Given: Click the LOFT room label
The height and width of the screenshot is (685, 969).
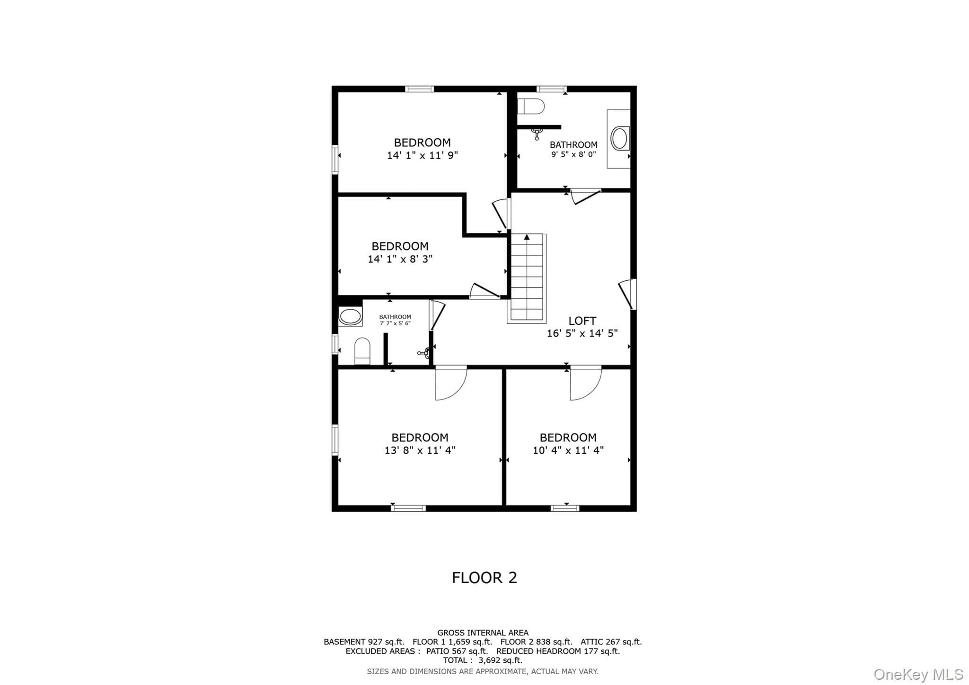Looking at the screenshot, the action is point(582,321).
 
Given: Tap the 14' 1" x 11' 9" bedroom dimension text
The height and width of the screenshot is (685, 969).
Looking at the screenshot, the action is point(423,155).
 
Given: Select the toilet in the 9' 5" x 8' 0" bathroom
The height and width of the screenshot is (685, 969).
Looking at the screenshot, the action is point(530,107).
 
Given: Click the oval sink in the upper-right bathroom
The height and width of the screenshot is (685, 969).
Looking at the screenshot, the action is point(619,139).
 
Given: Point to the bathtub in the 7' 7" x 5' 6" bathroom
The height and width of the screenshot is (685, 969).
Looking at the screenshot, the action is point(351,316).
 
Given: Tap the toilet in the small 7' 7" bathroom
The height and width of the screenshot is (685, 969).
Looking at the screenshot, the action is point(362,351).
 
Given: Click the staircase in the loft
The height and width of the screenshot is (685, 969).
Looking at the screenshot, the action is point(527,278).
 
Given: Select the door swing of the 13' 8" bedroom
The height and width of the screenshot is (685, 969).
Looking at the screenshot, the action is point(451,383).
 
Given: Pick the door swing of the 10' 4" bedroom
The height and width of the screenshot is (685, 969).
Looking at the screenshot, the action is point(586,383).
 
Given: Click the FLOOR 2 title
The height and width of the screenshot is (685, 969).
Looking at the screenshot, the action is point(484,578).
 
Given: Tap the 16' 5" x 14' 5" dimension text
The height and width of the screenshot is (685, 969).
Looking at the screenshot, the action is point(582,333).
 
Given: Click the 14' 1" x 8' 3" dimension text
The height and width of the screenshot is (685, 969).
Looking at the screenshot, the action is point(400,259).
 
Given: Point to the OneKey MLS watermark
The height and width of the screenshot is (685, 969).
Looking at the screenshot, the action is point(918,674).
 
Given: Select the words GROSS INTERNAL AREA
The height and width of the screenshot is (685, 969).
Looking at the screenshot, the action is point(483,632).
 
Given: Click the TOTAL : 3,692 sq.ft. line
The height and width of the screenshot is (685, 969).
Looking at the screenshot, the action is point(483,660).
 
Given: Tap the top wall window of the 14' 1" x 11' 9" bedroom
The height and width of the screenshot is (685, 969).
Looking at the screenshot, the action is point(419,89).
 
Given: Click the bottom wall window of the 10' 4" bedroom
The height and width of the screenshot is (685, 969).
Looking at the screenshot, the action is point(565,508).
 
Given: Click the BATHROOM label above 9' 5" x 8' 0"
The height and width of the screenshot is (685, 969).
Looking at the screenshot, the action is point(573,145).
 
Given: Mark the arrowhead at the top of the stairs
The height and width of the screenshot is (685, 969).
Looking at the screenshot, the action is point(527,237).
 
